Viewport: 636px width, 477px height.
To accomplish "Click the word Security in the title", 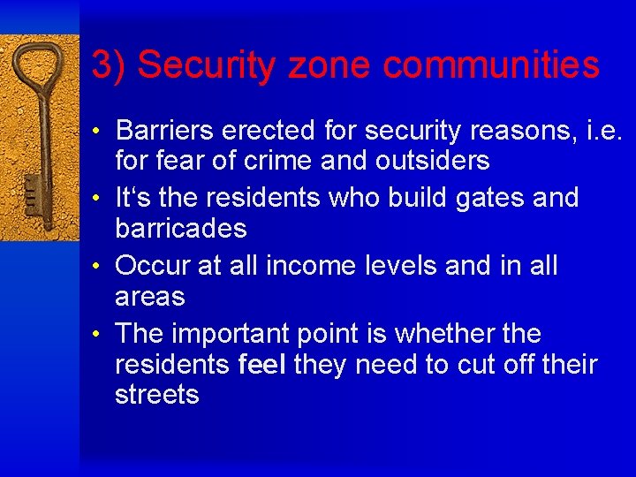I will click(199, 64).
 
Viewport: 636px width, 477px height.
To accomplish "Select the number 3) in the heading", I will click(109, 64).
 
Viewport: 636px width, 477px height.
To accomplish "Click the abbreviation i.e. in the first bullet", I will click(604, 131).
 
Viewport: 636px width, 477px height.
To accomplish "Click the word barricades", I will click(181, 228).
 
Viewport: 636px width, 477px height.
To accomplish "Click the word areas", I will click(150, 296).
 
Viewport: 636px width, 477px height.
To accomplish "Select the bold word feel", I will click(262, 364).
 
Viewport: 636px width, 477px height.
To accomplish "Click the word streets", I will click(157, 394).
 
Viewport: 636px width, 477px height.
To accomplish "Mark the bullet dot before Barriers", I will click(104, 132).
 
